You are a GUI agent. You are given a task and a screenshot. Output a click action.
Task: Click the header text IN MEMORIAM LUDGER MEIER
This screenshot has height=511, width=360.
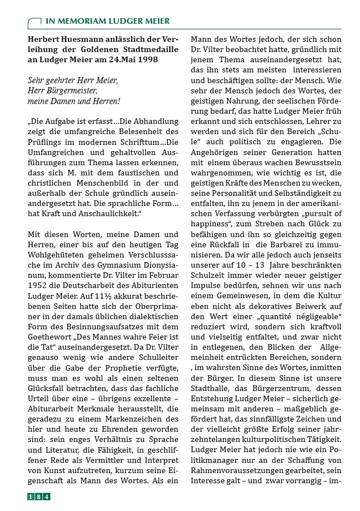107,22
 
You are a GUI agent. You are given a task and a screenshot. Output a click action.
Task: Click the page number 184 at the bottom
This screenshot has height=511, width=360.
39,497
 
